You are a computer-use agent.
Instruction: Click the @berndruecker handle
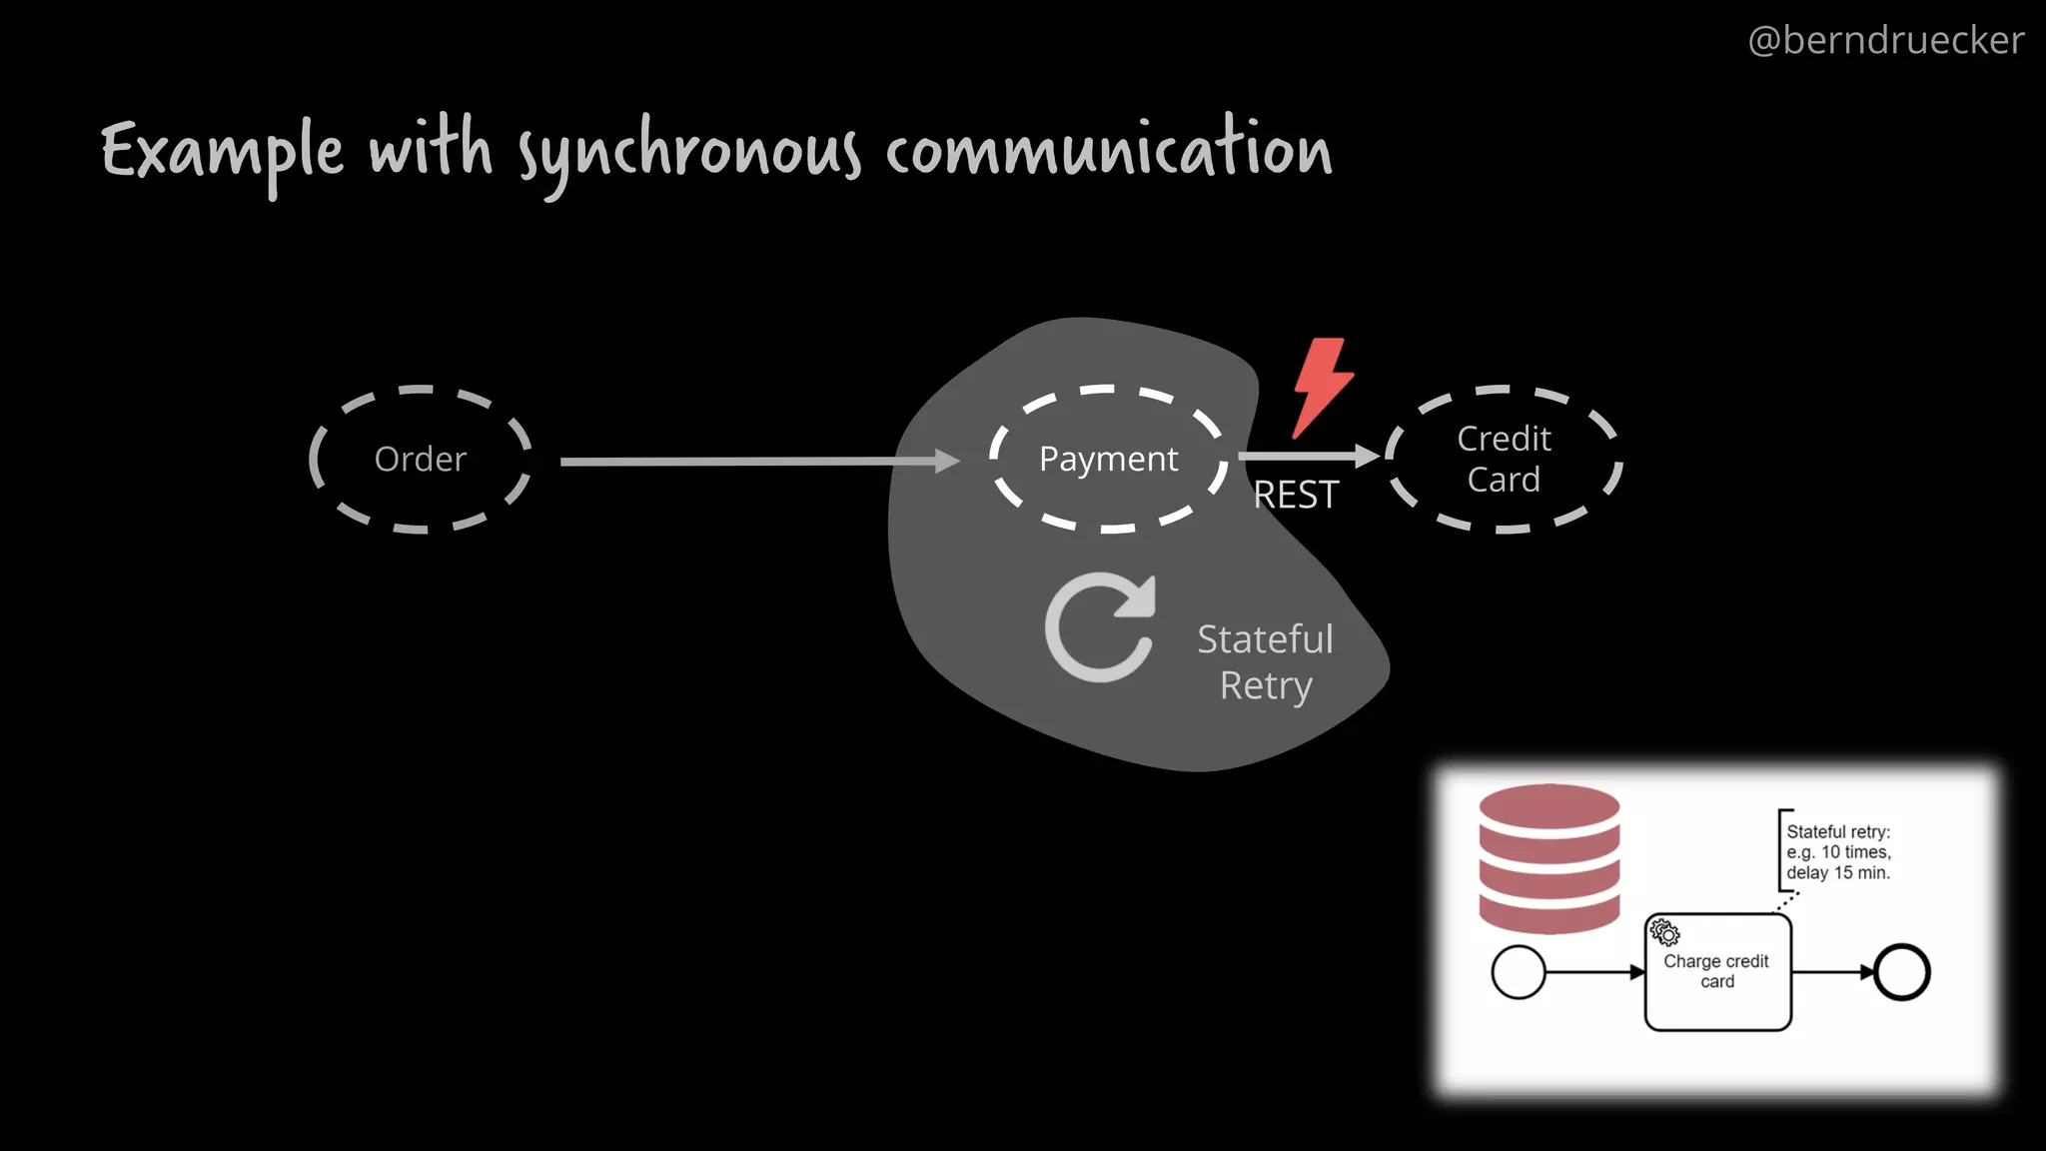(1885, 40)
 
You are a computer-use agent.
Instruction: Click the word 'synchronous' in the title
(688, 153)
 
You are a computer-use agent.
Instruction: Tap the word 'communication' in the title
(1108, 150)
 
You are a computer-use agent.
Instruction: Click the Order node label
(420, 460)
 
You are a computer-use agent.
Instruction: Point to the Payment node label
(1108, 459)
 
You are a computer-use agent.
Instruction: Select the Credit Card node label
(1504, 459)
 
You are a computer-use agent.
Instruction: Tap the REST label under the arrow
(1296, 495)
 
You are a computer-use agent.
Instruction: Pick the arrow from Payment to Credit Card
(1309, 457)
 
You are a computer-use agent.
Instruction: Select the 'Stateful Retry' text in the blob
(1265, 661)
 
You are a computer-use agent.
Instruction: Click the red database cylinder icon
(1548, 858)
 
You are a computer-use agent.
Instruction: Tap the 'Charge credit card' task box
(1717, 971)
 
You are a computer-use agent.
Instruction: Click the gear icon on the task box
(1664, 932)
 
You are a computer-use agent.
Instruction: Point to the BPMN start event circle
(1518, 972)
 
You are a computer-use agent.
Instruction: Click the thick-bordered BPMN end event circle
(1901, 972)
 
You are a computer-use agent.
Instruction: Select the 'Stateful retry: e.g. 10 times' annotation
(1838, 851)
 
